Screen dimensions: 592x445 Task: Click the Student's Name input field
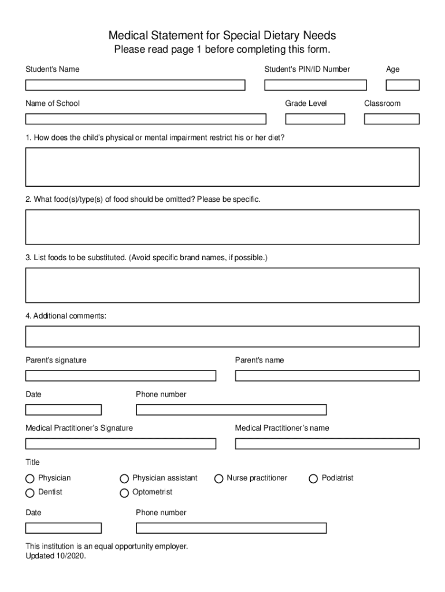[x=135, y=85]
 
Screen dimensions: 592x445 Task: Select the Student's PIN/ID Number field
[x=315, y=85]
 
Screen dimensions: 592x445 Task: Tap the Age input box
[x=402, y=85]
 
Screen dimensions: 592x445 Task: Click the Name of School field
[x=146, y=119]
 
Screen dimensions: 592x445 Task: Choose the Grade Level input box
[x=315, y=119]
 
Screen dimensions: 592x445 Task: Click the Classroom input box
[x=391, y=119]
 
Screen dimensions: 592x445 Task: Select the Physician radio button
[x=30, y=479]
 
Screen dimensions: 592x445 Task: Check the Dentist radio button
[x=30, y=493]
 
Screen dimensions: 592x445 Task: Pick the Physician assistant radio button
[x=124, y=479]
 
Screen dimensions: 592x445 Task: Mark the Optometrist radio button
[x=124, y=493]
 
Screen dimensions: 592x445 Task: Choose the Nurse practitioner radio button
[x=219, y=479]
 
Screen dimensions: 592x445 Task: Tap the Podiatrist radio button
[x=313, y=479]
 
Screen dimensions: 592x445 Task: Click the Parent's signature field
[x=120, y=376]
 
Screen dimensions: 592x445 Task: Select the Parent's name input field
[x=327, y=376]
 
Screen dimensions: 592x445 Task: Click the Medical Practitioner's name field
[x=327, y=444]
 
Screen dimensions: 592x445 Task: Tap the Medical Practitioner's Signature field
[x=120, y=444]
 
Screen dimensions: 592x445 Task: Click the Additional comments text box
[x=222, y=336]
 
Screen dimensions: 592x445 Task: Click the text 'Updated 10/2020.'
[x=55, y=557]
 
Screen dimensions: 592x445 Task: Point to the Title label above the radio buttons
[x=32, y=462]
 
